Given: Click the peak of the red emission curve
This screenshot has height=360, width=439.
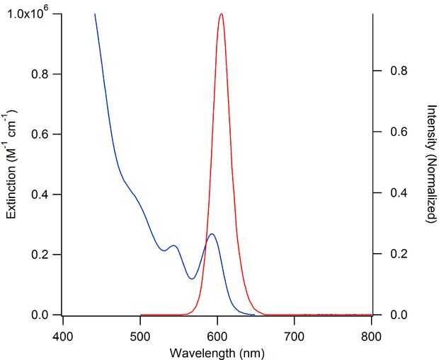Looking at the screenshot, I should coord(222,13).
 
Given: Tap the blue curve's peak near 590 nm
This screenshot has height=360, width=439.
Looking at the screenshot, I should coord(211,234).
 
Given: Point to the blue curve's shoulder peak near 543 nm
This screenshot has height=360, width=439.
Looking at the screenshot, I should coord(173,245).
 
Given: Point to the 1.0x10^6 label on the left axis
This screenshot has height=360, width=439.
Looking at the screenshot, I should coord(29,13).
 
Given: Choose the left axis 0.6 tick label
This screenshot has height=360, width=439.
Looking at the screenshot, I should coord(48,134).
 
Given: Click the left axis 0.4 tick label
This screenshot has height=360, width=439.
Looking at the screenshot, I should coord(48,194).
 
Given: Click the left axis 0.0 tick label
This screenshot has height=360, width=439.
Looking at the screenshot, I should coord(48,315).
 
